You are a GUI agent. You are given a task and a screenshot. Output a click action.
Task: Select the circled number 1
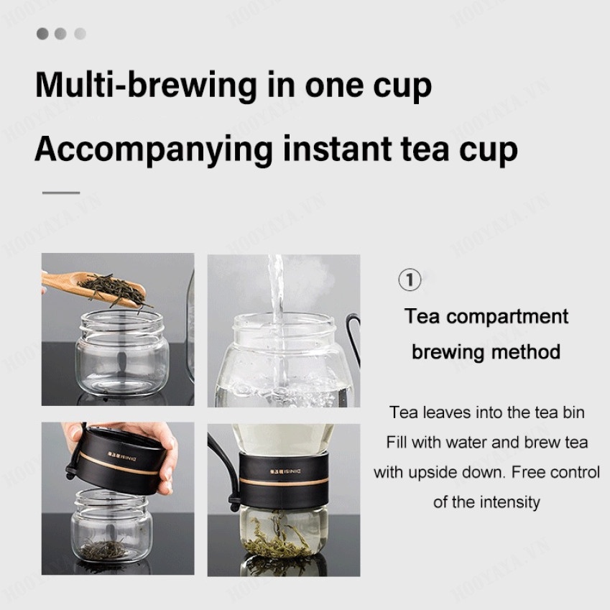point(410,279)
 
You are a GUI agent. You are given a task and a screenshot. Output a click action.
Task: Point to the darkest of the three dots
point(42,34)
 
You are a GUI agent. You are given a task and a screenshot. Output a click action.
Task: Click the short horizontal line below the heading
point(61,193)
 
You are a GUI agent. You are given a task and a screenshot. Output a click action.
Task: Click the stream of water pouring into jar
point(276,302)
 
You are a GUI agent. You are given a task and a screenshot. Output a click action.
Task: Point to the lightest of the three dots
point(80,34)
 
